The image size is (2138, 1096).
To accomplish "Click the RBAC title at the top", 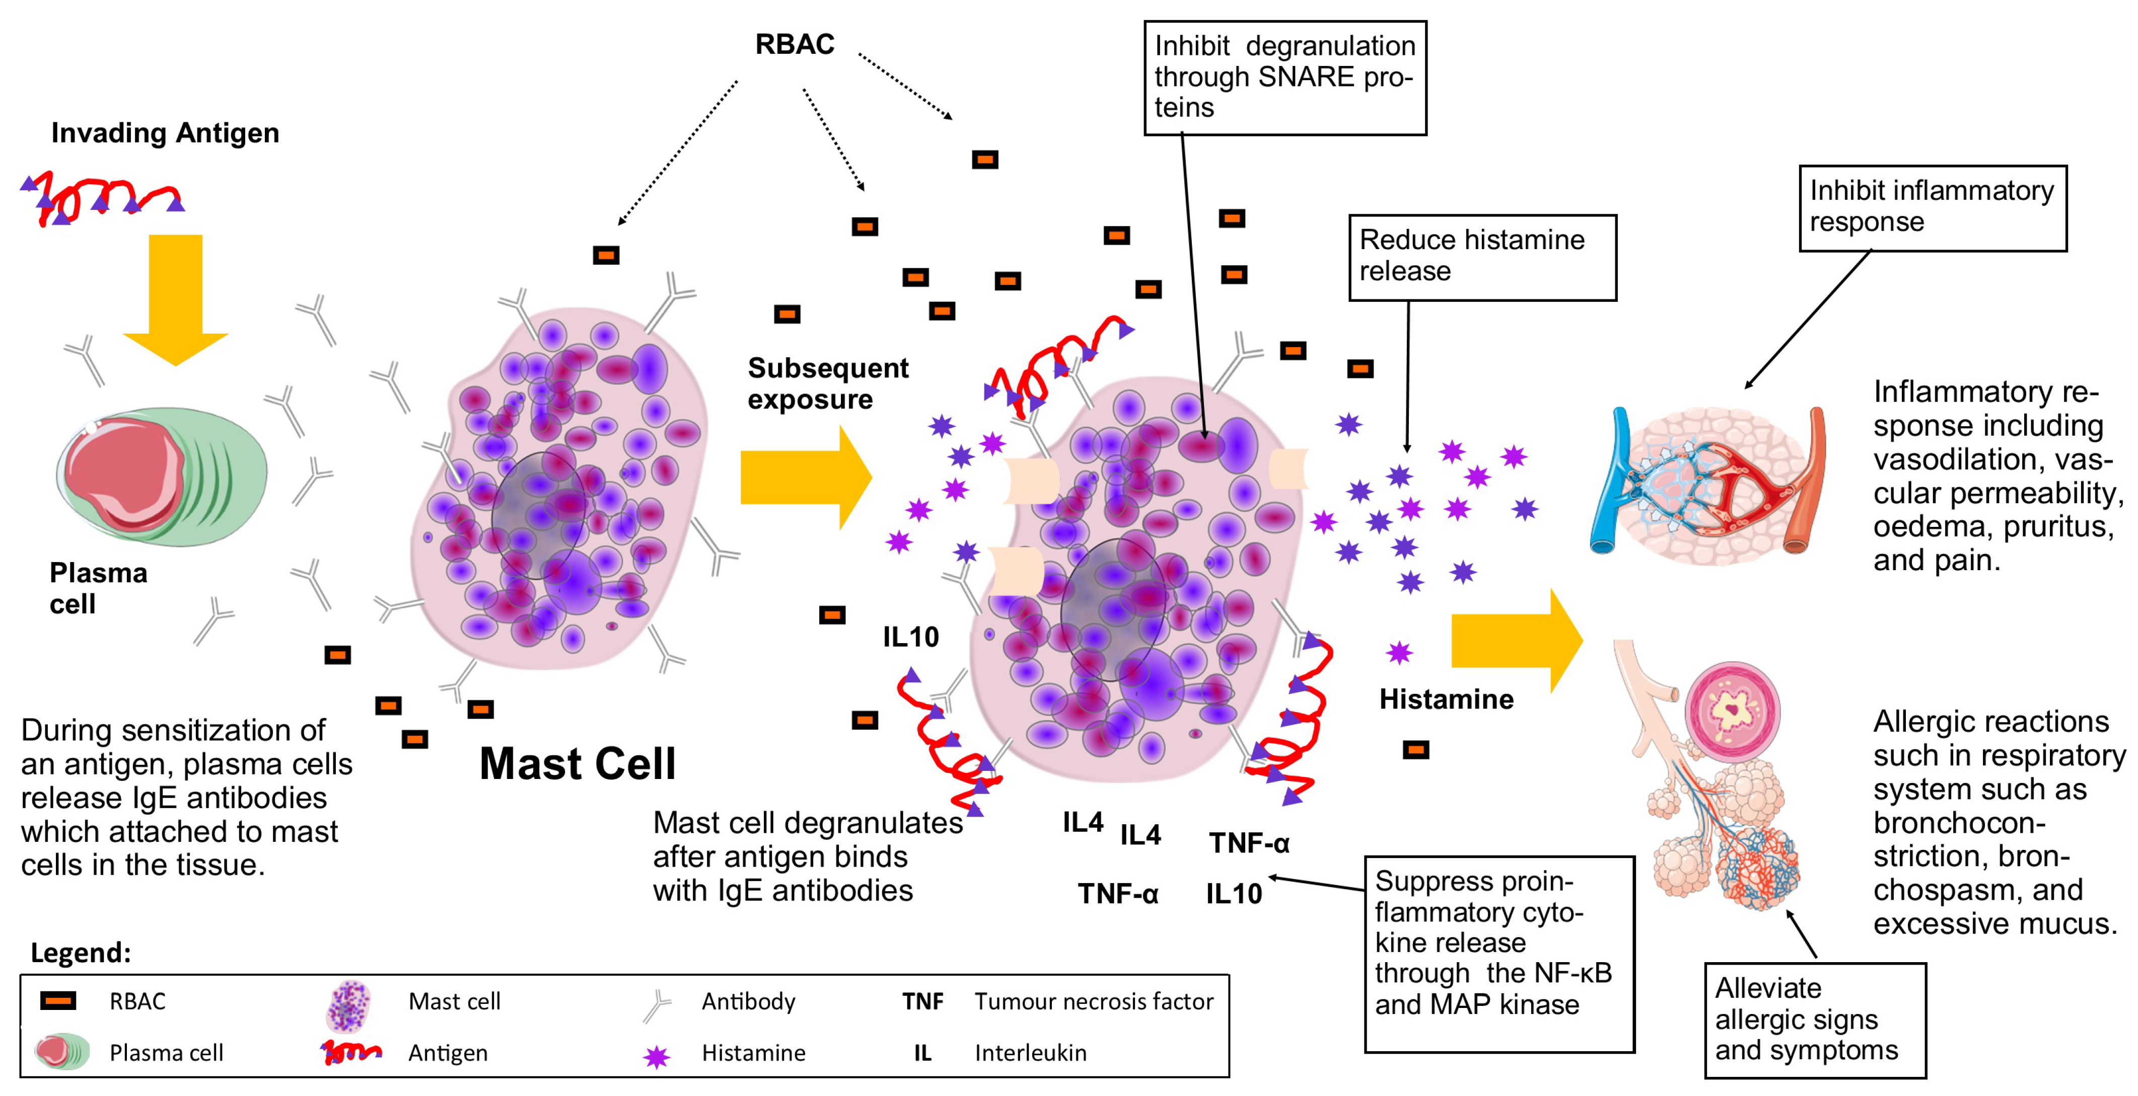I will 794,44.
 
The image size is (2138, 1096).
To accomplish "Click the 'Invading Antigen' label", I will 165,133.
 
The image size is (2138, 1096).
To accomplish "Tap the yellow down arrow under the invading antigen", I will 175,299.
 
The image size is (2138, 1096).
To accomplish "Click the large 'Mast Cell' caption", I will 578,763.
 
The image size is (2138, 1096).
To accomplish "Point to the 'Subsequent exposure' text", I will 827,383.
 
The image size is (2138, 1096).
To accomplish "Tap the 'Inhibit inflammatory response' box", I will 1932,207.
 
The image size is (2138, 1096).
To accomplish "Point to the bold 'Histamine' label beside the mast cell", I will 1446,699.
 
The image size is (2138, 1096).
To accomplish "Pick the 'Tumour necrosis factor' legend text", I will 1093,1001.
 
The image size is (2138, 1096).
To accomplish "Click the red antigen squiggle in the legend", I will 351,1053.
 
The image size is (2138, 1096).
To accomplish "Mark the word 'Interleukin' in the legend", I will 1030,1053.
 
